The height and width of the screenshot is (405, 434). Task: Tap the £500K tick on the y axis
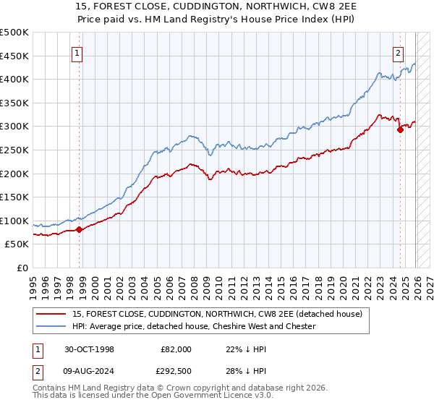[x=14, y=33]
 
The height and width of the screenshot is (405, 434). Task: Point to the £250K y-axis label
[x=14, y=150]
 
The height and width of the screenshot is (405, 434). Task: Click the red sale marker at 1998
[x=80, y=229]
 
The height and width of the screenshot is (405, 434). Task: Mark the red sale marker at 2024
[x=400, y=130]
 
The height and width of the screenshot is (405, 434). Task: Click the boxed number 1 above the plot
[x=77, y=52]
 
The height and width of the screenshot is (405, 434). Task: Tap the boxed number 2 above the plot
[x=398, y=52]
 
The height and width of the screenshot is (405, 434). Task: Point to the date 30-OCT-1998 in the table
[x=89, y=349]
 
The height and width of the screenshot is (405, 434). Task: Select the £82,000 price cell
[x=176, y=349]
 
